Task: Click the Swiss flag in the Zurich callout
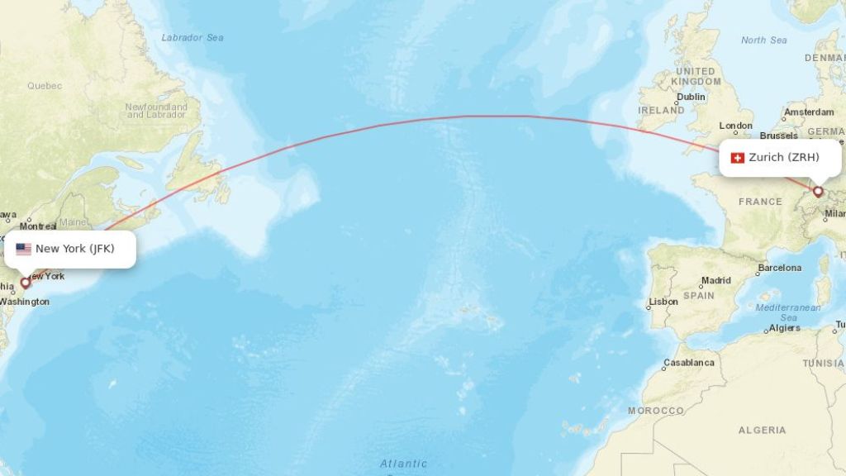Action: [738, 158]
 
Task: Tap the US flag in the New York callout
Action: [23, 249]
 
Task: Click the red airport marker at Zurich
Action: [818, 192]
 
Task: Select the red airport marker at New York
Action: [25, 283]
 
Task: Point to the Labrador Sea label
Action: [192, 38]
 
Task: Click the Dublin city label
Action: [691, 97]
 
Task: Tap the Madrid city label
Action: [716, 281]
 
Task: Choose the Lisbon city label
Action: [663, 302]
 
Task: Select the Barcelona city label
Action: [780, 268]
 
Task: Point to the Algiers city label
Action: [785, 328]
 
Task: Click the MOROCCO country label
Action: [655, 411]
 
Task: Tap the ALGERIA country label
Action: [763, 430]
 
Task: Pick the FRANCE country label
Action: [760, 202]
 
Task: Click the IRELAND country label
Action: [661, 110]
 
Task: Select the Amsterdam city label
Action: [809, 112]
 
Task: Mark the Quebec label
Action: [45, 86]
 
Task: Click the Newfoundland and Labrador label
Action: [156, 111]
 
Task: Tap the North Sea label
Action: [763, 40]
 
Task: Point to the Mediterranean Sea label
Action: [789, 312]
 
